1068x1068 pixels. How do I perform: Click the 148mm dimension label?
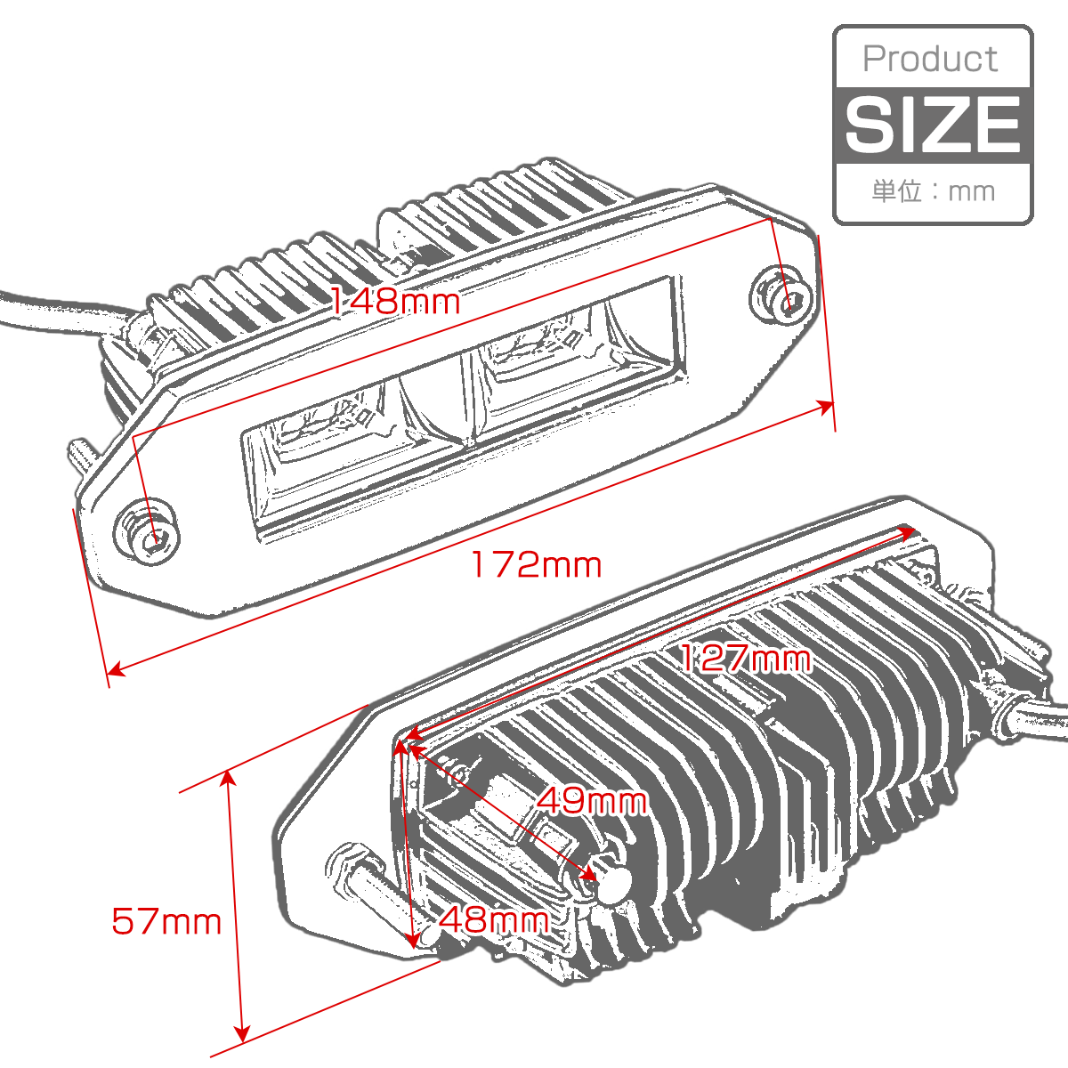click(x=395, y=303)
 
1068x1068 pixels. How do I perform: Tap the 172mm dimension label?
click(x=536, y=565)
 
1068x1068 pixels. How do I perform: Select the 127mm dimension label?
click(x=744, y=659)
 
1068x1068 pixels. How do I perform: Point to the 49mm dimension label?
click(x=591, y=801)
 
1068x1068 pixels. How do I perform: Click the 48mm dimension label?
click(x=494, y=920)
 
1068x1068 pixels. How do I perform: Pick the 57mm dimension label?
click(x=166, y=922)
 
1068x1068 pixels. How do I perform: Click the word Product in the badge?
click(x=930, y=60)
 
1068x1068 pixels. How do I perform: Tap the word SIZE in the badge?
click(x=933, y=124)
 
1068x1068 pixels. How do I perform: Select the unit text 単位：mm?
click(x=934, y=191)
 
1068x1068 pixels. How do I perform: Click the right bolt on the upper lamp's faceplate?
click(x=782, y=299)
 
